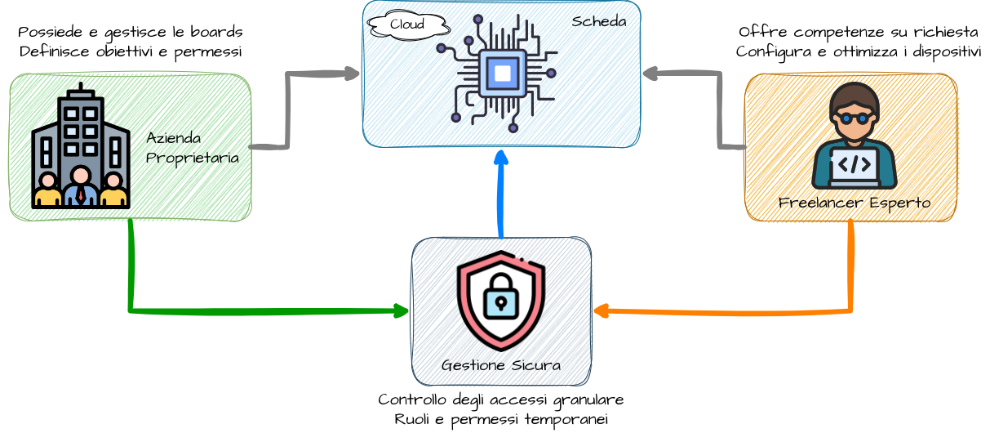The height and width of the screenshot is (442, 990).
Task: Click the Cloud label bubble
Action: point(407,25)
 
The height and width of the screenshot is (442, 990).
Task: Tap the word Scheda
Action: point(599,22)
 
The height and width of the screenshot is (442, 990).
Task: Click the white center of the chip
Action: point(503,74)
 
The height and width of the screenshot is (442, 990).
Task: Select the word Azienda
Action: point(174,138)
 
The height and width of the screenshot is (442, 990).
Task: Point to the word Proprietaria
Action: point(193,158)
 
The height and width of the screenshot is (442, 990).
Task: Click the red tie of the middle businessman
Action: point(81,194)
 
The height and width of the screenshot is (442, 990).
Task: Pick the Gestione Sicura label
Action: point(501,365)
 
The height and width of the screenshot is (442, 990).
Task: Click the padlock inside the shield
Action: point(500,295)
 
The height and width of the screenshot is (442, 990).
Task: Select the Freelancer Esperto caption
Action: point(855,202)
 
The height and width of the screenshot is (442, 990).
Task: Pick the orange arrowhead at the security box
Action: point(602,311)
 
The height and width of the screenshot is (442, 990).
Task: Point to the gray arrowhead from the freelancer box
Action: point(650,74)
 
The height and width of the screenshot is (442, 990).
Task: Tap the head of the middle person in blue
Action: point(81,176)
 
